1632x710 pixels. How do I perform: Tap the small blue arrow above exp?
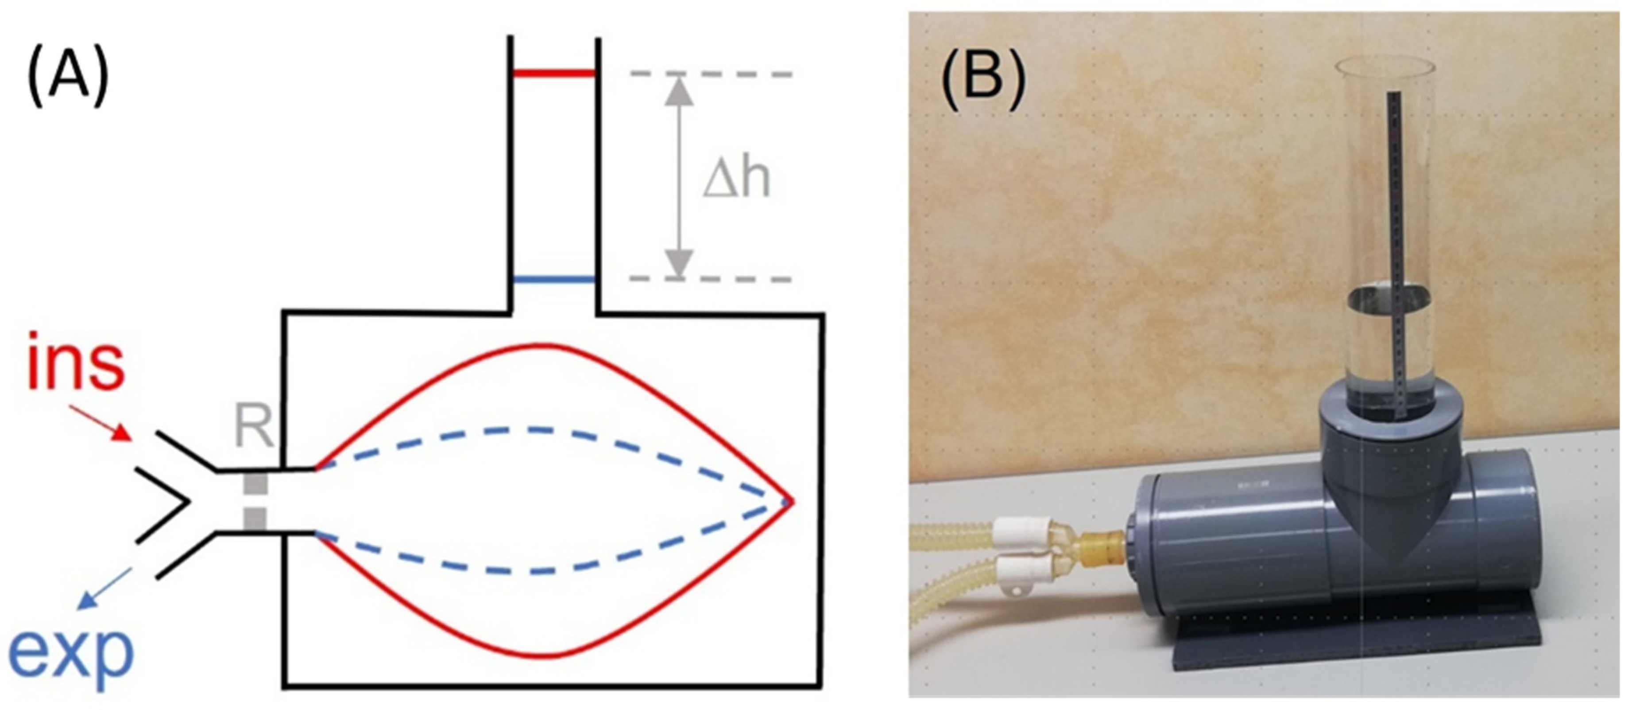point(104,589)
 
